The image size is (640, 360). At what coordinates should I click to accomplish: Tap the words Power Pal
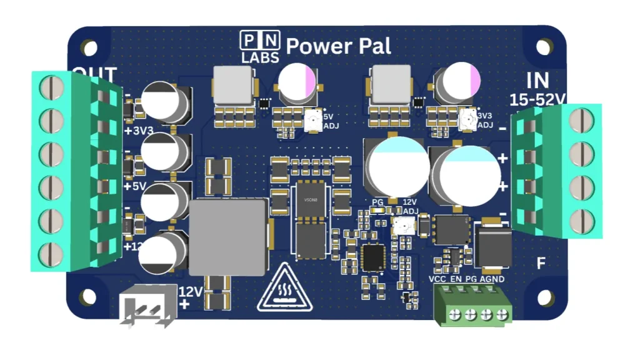[x=338, y=46]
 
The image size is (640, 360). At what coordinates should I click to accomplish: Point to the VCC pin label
[x=437, y=279]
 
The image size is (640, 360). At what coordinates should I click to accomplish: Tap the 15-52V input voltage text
[x=537, y=99]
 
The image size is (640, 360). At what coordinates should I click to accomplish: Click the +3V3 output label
[x=139, y=131]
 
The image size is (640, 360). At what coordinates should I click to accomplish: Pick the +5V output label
[x=135, y=186]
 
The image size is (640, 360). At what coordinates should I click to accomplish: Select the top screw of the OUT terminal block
[x=51, y=87]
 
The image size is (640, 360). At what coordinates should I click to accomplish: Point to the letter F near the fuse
[x=541, y=263]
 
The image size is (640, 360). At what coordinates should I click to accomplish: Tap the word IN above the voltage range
[x=537, y=80]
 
